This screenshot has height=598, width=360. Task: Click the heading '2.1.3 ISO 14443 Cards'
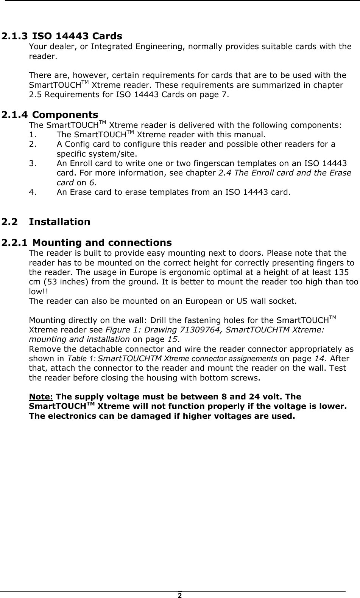62,36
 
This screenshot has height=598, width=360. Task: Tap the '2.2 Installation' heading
46,222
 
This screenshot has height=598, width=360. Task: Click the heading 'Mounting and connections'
104,242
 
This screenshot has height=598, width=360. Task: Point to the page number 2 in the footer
180,595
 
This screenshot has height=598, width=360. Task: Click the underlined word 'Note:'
41,397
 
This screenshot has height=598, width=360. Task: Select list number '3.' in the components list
33,163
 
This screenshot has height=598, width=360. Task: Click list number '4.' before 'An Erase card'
33,192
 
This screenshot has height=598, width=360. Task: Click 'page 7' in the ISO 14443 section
217,95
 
